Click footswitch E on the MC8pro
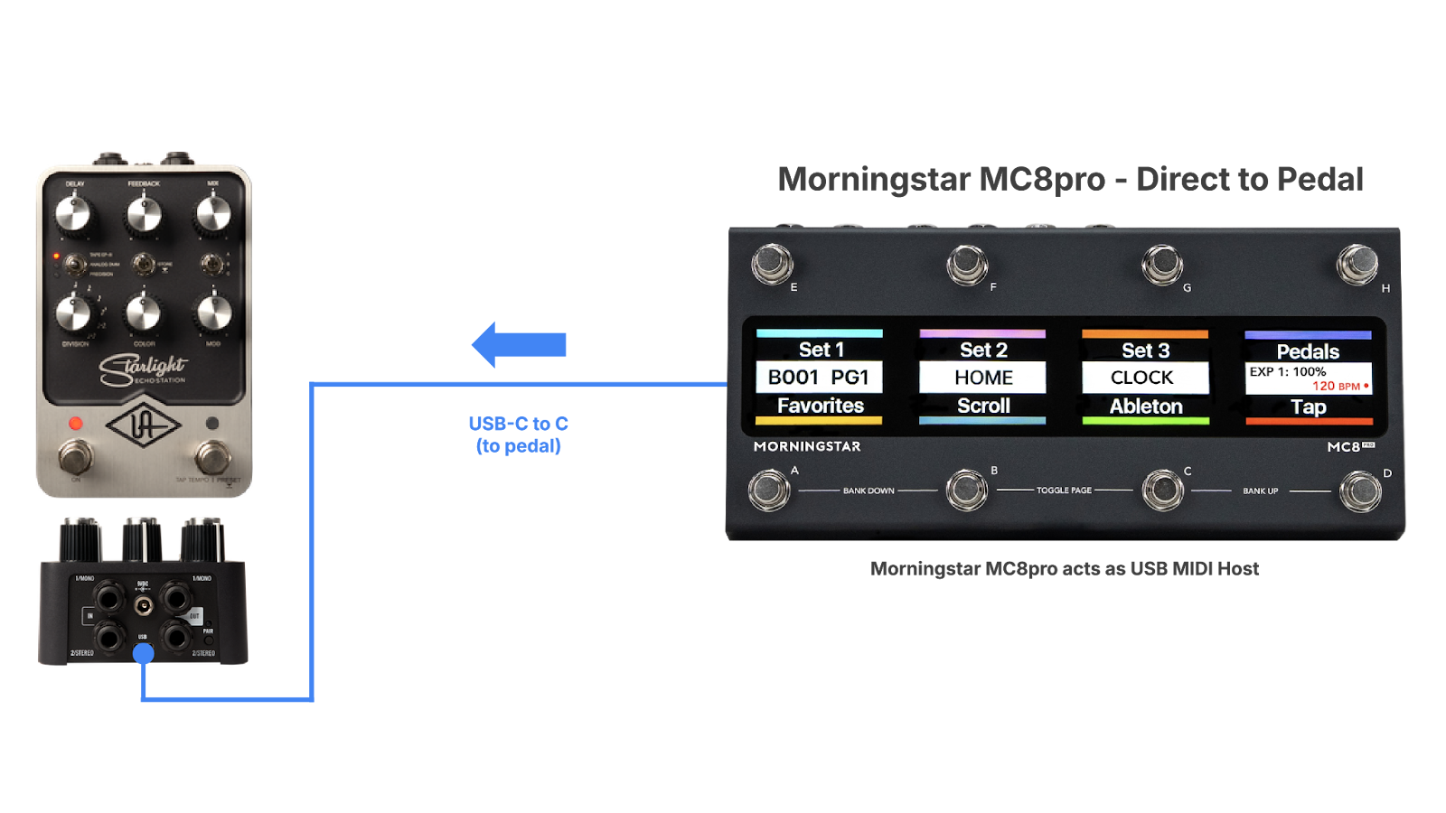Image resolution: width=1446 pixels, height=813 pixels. pos(772,264)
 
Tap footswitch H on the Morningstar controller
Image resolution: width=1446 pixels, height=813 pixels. pos(1357,264)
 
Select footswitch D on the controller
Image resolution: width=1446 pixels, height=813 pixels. pos(1359,491)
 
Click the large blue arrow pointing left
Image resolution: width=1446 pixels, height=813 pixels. pos(519,344)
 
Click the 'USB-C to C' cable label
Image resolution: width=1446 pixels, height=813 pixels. pos(518,424)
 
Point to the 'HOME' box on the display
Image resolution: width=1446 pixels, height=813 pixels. pos(982,378)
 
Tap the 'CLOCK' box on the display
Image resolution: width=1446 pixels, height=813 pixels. pos(1144,378)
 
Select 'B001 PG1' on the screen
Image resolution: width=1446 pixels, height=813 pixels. pos(819,378)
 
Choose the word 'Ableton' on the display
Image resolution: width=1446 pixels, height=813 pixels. pos(1145,406)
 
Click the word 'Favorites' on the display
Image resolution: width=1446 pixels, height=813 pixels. pos(820,406)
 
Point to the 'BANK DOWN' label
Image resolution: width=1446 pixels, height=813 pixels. pos(869,491)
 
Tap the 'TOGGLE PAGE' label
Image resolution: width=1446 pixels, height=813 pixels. pos(1064,491)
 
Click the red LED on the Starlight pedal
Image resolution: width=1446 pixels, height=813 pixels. pos(76,423)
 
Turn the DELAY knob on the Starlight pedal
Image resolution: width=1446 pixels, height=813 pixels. pos(73,214)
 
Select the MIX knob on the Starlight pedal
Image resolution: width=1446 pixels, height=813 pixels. pos(213,214)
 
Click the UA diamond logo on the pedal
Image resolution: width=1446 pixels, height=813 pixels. pos(144,425)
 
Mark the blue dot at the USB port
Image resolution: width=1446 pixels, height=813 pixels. pos(144,654)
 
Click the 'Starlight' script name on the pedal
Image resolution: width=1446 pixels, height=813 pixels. pos(143,367)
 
